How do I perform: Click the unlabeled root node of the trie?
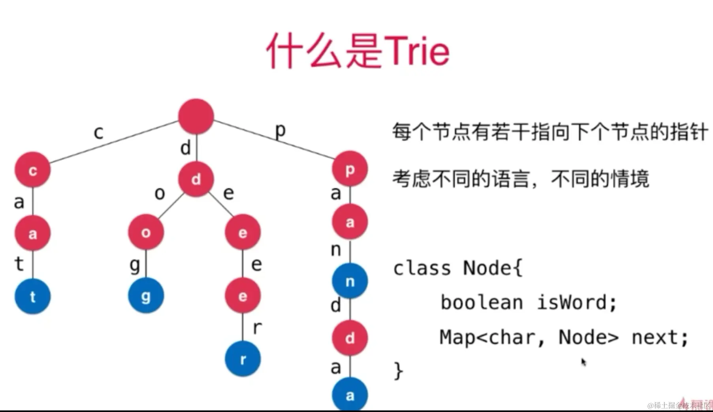(x=196, y=117)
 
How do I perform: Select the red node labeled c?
(x=33, y=170)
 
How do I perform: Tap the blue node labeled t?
(x=33, y=296)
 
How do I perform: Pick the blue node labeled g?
(x=146, y=295)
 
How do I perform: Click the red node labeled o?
(x=146, y=232)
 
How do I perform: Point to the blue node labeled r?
(x=243, y=359)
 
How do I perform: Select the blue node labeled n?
(x=350, y=281)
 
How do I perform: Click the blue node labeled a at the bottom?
(x=350, y=395)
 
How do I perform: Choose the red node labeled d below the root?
(x=196, y=179)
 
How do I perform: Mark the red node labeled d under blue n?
(x=350, y=338)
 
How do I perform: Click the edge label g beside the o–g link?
(x=135, y=265)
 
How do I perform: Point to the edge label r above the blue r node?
(x=257, y=327)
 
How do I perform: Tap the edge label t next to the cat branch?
(x=19, y=263)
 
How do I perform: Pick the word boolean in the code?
(x=482, y=303)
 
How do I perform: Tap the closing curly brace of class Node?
(x=398, y=371)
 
